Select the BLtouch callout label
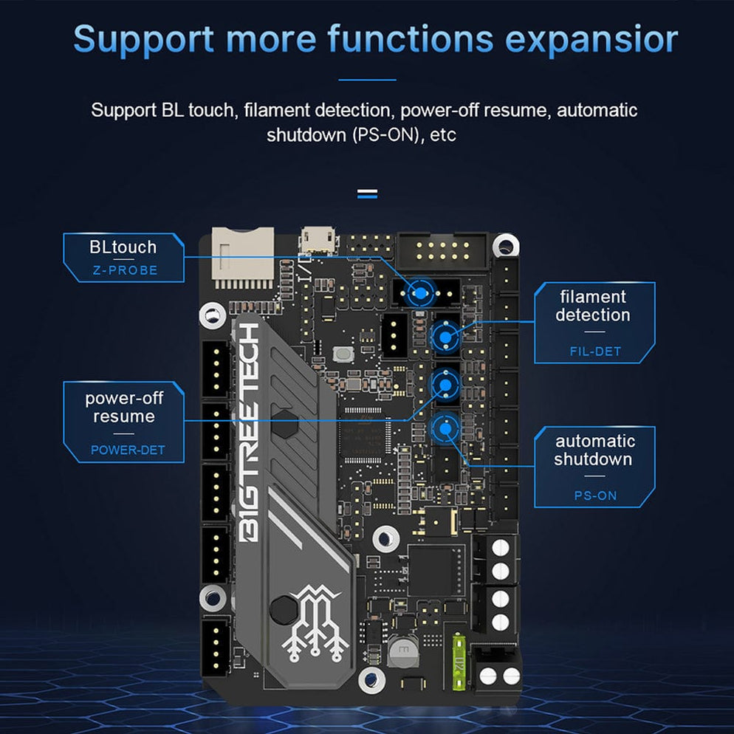point(123,247)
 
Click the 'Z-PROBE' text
point(125,270)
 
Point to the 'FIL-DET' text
point(595,351)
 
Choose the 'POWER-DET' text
point(128,450)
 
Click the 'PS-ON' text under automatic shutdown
point(595,495)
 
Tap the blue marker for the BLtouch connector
point(420,294)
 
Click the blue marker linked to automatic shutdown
point(445,428)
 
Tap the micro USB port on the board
point(318,241)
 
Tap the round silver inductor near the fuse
point(403,652)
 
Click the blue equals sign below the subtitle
point(367,194)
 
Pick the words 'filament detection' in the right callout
point(593,306)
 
